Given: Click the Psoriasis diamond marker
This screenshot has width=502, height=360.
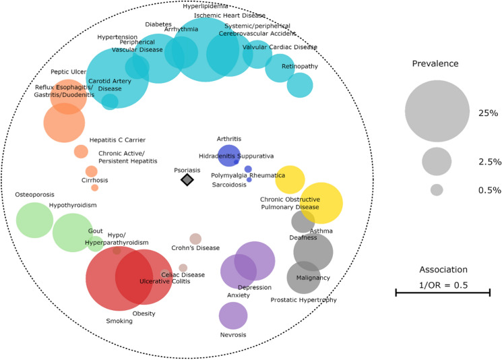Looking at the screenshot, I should (x=187, y=179).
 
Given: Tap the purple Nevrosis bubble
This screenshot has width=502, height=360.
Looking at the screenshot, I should (x=233, y=316).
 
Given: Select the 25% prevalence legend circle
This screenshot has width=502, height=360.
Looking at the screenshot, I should (x=437, y=111).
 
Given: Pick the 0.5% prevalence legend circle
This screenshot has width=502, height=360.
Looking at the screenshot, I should (x=437, y=190).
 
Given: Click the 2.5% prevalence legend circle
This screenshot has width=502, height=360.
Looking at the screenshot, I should (x=437, y=161).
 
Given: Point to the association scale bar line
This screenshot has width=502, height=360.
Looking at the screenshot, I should (x=442, y=292).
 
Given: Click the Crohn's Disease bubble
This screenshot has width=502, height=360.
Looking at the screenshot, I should (x=195, y=239).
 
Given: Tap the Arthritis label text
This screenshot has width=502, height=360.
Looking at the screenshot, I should (x=229, y=139).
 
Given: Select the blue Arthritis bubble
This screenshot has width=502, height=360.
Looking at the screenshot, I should (x=228, y=154).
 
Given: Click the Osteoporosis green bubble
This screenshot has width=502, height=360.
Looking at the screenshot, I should (x=34, y=220).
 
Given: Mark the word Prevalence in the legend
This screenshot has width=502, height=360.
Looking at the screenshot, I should (x=435, y=63).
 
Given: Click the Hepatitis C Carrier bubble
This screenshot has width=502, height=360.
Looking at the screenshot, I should (x=81, y=151).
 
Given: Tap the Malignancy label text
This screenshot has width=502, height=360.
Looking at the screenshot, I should (x=313, y=278).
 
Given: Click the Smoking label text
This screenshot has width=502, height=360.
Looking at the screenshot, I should (x=119, y=321).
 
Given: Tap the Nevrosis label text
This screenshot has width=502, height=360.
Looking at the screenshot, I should (x=233, y=335).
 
